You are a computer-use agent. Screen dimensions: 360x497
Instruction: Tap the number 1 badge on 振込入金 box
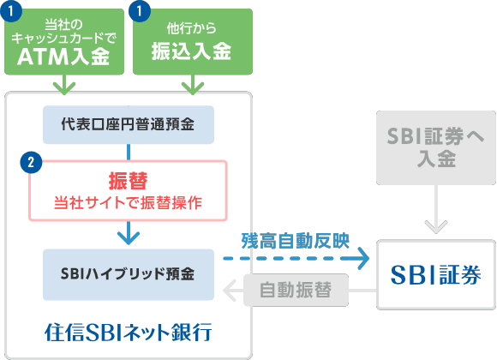point(140,13)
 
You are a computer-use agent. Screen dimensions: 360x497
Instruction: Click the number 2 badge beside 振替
point(32,160)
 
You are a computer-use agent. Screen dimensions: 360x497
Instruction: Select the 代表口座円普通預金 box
point(128,124)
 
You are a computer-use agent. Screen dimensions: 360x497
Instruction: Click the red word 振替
point(128,180)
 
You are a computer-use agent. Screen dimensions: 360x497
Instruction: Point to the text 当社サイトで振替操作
point(128,203)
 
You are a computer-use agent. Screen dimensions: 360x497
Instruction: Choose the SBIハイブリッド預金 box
point(128,274)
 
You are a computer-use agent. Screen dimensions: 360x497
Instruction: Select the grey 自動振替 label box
point(299,290)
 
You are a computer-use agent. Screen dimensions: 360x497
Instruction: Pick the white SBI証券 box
point(435,274)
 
